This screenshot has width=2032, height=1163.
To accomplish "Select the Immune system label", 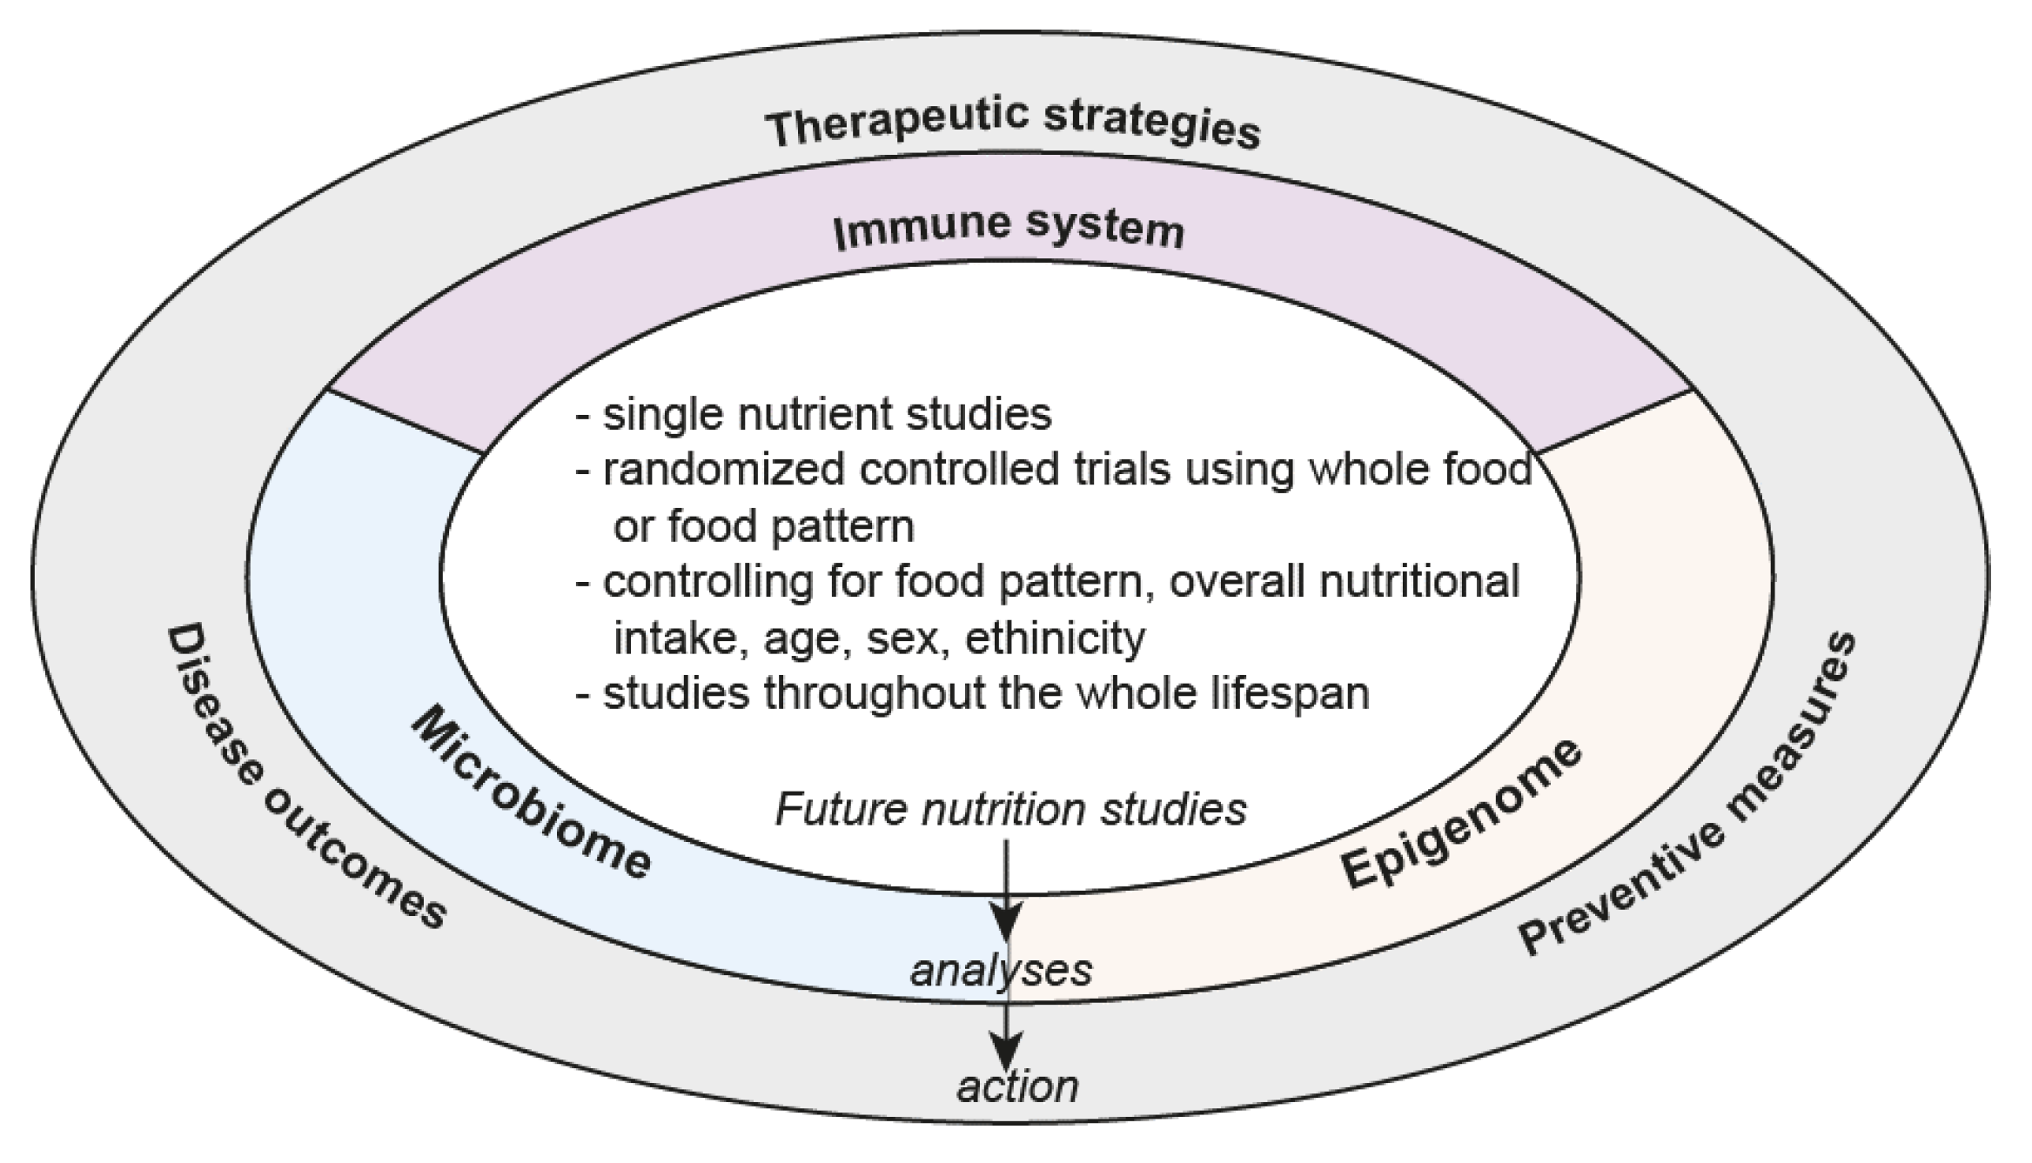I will tap(1009, 228).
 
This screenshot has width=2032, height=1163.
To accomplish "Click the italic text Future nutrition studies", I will tap(1010, 809).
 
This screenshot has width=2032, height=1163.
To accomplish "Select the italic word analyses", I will tap(1001, 970).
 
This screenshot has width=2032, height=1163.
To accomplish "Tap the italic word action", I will tap(1017, 1086).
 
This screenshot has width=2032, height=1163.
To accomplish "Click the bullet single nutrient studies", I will tap(827, 414).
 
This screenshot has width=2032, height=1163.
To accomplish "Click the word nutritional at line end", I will tap(1419, 581).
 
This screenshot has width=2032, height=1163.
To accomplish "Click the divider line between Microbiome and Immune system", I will tap(406, 422).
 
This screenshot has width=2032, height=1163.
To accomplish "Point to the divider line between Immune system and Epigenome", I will tap(1615, 421).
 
